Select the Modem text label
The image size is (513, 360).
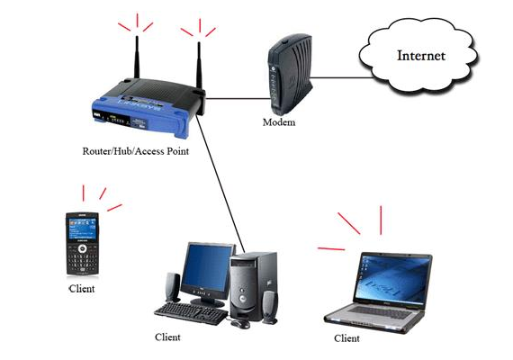pos(280,121)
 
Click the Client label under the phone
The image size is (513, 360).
pos(82,290)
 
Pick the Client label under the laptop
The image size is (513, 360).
pos(346,338)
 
